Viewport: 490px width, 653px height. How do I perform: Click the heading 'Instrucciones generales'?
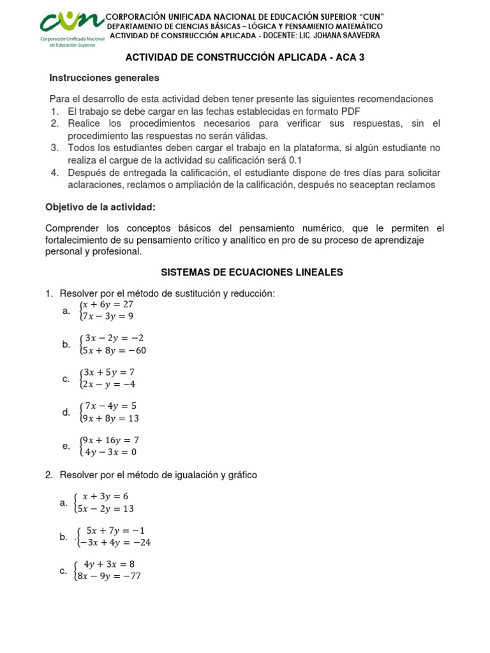(104, 78)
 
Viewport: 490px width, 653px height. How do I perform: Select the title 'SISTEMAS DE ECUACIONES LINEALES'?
(251, 272)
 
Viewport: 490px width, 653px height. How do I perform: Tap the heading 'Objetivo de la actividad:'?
(100, 207)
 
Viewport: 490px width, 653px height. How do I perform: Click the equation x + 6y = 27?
(108, 305)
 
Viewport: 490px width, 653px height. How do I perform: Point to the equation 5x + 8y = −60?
(113, 350)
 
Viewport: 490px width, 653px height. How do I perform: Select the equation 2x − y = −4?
(108, 385)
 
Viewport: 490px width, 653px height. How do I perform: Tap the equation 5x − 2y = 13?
(107, 509)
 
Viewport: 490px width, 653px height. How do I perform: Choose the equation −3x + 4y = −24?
(115, 543)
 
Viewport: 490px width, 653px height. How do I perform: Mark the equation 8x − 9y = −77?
(110, 576)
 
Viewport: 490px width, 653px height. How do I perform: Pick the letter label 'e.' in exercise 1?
(66, 446)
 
